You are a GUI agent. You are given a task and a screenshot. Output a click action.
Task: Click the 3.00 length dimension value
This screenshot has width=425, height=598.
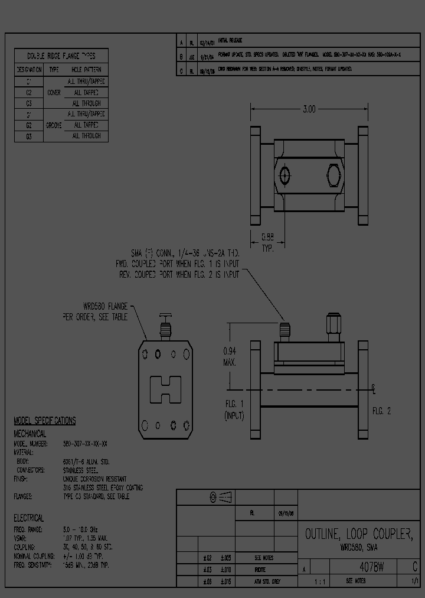[309, 109]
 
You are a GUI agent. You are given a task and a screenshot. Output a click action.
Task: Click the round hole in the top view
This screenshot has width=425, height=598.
[286, 175]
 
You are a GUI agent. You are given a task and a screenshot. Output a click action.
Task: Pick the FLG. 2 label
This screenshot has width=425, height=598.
[381, 411]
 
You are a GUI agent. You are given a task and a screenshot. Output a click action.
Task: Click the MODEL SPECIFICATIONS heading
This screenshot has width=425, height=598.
[45, 421]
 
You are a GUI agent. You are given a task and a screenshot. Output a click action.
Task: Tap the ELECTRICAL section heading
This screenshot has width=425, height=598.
[29, 518]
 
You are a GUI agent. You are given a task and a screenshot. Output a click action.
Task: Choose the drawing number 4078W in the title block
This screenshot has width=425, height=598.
[372, 568]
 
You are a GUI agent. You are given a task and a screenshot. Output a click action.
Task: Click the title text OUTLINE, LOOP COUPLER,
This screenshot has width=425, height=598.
[358, 535]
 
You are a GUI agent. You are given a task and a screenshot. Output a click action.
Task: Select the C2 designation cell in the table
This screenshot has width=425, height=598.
[29, 93]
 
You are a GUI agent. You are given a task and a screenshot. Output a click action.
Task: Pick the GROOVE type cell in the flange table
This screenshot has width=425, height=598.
[54, 125]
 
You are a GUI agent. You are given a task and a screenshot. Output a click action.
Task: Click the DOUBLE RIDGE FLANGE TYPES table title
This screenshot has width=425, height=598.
[61, 56]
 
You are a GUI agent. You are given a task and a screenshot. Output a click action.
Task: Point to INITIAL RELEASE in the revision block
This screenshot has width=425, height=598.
[230, 41]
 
